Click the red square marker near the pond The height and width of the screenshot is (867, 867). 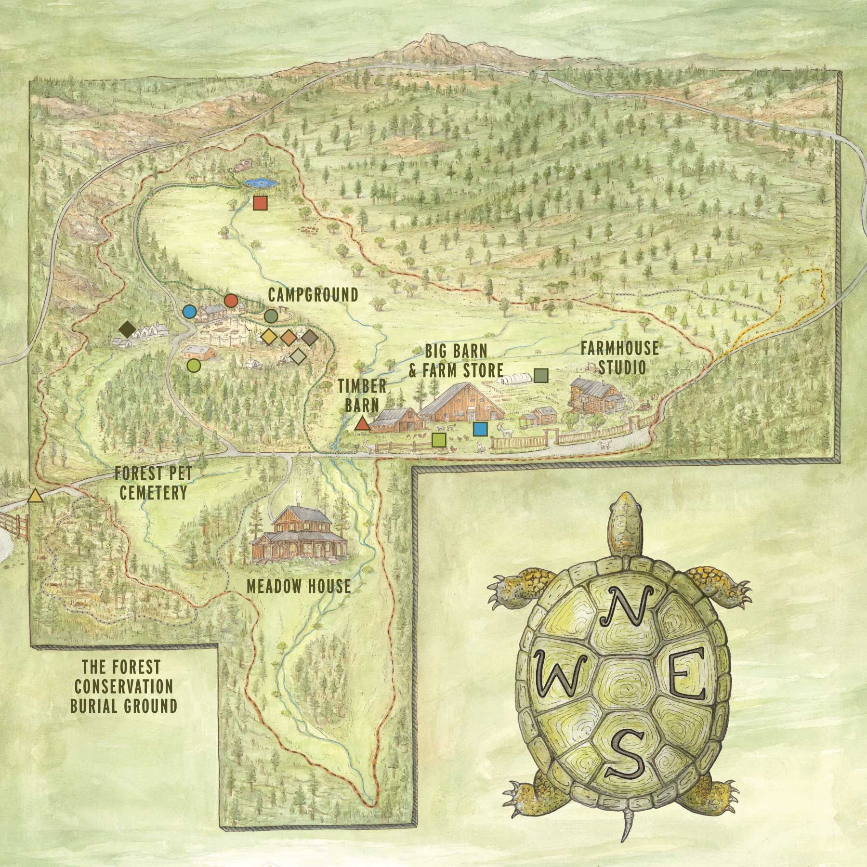260,203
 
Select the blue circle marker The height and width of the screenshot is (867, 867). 189,312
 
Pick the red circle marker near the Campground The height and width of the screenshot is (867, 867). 231,301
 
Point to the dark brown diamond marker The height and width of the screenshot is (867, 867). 128,329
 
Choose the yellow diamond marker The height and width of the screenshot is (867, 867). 268,337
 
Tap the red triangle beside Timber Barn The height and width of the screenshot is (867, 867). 362,424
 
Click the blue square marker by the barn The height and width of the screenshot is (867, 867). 479,429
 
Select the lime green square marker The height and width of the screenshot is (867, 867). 439,439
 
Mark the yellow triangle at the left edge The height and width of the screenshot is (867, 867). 34,496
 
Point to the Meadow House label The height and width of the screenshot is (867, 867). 299,586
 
